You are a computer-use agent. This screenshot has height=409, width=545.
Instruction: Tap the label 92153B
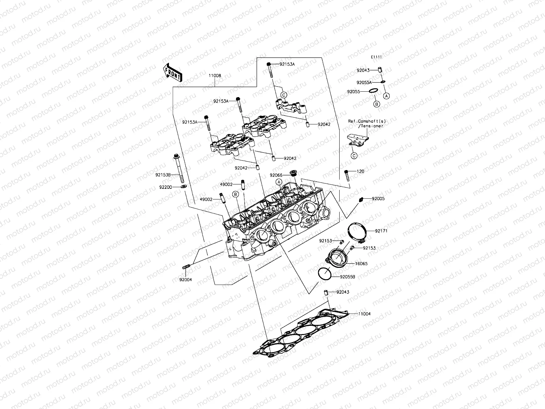(x=163, y=175)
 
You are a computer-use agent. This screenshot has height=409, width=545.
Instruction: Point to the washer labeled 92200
(x=184, y=187)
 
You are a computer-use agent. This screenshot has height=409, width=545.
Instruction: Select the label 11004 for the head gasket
(x=364, y=314)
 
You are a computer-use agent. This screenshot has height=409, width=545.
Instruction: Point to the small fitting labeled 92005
(x=362, y=199)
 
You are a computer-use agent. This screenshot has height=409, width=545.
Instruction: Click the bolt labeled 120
(x=346, y=176)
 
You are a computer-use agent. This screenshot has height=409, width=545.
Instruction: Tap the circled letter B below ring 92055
(x=376, y=104)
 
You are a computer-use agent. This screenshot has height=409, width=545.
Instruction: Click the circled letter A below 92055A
(x=386, y=96)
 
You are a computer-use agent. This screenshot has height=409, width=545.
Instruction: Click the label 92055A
(x=364, y=82)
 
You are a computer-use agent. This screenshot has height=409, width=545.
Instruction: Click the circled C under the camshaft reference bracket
(x=354, y=156)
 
